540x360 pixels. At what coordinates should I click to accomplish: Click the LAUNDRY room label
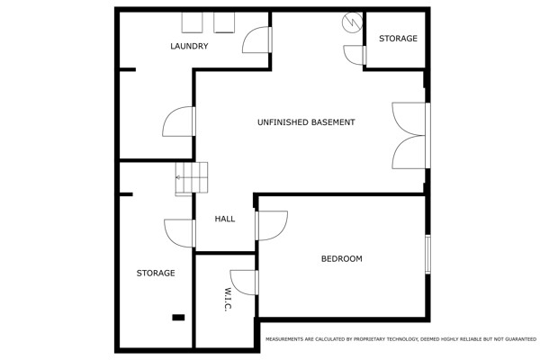[x=189, y=46]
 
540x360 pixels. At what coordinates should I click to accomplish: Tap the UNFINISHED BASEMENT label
[x=306, y=122]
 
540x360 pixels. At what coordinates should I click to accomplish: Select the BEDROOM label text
[x=342, y=258]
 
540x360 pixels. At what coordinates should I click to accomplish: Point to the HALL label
[x=225, y=219]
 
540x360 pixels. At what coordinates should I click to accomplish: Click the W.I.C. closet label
[x=228, y=300]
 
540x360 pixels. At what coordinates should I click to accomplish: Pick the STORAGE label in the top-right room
[x=398, y=38]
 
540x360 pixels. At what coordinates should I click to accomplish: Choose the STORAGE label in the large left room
[x=156, y=274]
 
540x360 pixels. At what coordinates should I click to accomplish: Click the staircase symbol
[x=192, y=178]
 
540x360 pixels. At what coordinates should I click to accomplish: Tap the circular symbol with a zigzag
[x=352, y=22]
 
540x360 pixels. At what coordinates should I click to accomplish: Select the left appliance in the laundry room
[x=193, y=22]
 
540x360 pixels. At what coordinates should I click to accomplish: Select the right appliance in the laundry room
[x=224, y=22]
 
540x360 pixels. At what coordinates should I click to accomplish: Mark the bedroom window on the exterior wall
[x=427, y=254]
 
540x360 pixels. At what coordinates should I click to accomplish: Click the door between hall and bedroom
[x=272, y=226]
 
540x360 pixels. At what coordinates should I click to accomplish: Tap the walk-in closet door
[x=244, y=283]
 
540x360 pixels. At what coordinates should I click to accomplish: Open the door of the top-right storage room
[x=355, y=55]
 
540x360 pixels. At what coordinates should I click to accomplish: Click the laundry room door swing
[x=257, y=40]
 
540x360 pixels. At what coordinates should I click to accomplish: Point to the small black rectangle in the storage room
[x=178, y=318]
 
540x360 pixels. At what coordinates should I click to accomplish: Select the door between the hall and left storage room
[x=180, y=233]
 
